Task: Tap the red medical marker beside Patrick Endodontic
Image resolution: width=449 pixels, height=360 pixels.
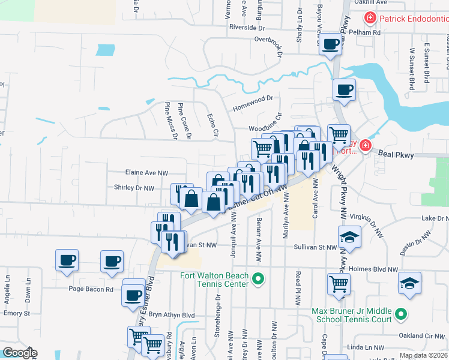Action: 371,19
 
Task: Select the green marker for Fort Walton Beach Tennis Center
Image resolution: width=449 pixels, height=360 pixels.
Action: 258,278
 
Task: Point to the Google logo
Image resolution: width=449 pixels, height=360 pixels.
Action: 19,353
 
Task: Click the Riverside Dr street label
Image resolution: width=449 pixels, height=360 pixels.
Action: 247,27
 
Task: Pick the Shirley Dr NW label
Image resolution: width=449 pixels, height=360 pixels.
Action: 134,188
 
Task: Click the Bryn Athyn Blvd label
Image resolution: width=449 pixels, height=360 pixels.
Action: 172,314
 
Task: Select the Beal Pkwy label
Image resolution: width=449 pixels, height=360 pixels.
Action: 396,155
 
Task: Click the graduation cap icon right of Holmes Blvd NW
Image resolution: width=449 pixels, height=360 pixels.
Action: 409,283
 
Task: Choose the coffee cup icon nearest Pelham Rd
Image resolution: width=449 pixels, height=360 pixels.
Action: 330,44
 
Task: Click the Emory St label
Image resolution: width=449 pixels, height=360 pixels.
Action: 17,313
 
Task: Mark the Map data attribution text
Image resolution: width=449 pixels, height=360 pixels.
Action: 423,355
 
